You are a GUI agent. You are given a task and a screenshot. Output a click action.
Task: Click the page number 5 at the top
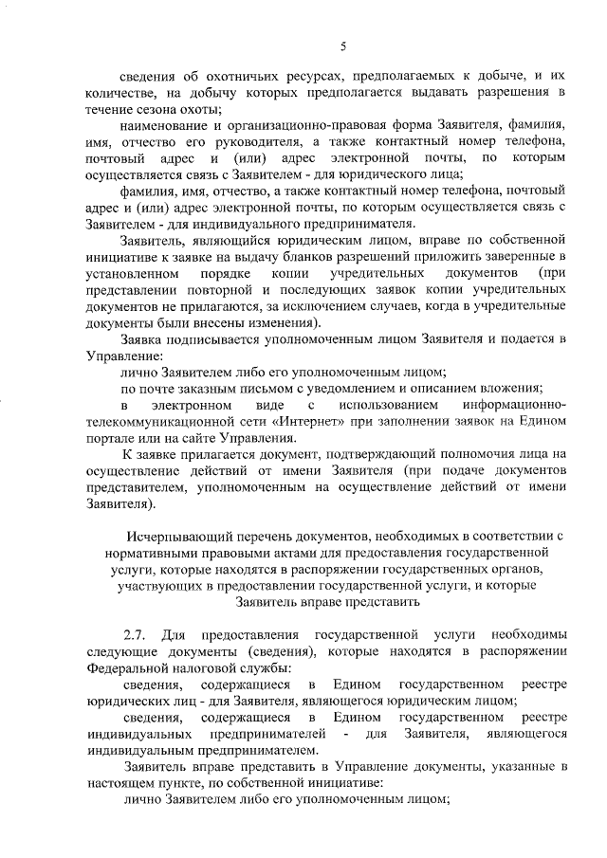pos(344,46)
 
